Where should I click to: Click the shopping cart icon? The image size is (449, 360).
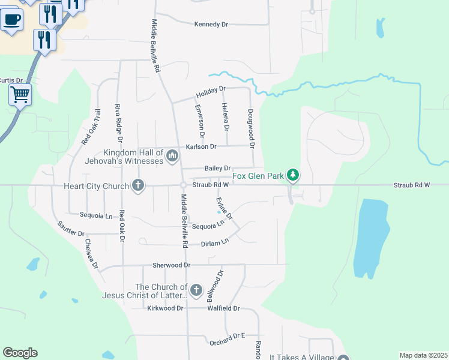tap(20, 94)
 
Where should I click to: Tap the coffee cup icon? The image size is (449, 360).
tap(11, 19)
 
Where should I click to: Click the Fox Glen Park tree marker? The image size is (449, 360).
tap(293, 175)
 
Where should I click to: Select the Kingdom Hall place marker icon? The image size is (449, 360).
tap(172, 157)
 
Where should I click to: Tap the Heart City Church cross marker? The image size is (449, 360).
tap(138, 185)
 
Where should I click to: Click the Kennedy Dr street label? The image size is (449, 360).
tap(211, 25)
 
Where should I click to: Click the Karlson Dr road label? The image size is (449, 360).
tap(201, 146)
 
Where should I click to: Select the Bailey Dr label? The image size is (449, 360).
tap(217, 169)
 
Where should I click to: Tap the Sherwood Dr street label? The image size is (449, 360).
tap(171, 265)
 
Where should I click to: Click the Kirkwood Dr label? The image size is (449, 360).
tap(165, 308)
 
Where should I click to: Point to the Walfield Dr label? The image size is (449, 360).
tap(223, 308)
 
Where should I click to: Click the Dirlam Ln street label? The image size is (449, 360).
tap(215, 242)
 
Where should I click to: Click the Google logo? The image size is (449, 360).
tap(20, 353)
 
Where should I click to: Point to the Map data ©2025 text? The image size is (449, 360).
tap(423, 355)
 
